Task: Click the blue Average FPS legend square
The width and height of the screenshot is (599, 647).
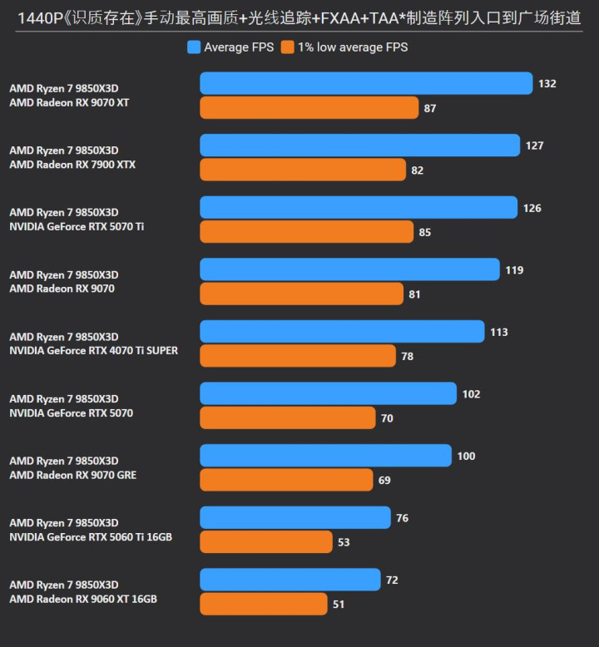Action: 194,47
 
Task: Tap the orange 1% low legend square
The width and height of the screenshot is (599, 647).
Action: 287,47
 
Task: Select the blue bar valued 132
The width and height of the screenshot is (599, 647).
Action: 366,83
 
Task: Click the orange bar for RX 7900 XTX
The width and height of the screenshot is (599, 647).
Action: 303,170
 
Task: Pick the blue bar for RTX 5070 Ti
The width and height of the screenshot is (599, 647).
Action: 359,207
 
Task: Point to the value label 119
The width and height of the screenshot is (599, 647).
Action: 514,270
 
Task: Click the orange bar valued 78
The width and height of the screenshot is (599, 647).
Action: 298,356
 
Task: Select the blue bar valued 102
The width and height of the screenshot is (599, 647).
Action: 328,393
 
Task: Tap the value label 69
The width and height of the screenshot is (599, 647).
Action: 384,481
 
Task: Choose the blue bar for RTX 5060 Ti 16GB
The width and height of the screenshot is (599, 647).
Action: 295,517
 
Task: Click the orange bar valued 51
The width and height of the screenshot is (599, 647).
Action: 264,604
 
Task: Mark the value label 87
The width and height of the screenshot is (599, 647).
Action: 430,108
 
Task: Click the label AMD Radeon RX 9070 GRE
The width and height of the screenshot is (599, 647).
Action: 73,475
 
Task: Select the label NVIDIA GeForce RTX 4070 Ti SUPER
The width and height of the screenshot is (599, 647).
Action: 94,351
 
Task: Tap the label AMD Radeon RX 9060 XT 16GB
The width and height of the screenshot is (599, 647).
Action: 83,599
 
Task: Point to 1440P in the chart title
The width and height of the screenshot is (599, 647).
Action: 40,18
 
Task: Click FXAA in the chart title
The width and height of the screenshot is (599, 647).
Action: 340,18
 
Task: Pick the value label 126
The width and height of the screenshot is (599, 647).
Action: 532,209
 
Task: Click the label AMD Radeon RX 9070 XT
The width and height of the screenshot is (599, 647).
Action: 69,103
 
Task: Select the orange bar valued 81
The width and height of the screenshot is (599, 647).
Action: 301,294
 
